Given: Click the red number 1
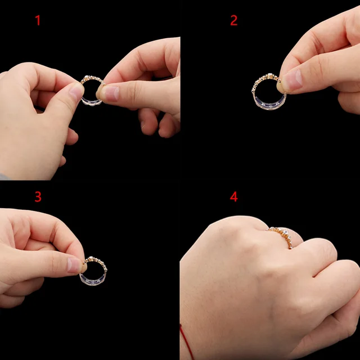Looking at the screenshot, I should (38, 21).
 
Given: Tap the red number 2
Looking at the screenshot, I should (234, 21).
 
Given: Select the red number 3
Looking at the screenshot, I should (38, 197).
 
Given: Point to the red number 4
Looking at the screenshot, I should (234, 197).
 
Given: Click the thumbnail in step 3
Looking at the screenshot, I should (74, 264).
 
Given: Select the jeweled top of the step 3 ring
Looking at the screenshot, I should (96, 261).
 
